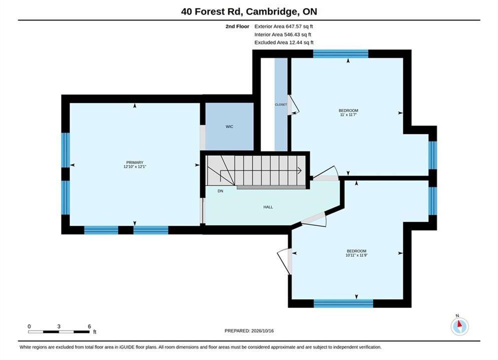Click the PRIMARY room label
[135, 162]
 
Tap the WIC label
[229, 126]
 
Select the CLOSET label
[281, 104]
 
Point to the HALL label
[268, 207]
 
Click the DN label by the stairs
[220, 191]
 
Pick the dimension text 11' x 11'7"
[348, 114]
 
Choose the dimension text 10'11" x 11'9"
[357, 255]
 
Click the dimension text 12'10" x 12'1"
[135, 166]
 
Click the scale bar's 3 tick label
[59, 326]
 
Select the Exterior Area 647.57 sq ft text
[284, 26]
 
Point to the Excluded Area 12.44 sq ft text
[284, 42]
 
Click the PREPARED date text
[249, 331]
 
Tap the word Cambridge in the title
[272, 11]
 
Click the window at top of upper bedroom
[341, 53]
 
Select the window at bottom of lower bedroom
[343, 303]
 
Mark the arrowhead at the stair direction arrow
[299, 170]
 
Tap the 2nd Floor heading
[237, 26]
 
